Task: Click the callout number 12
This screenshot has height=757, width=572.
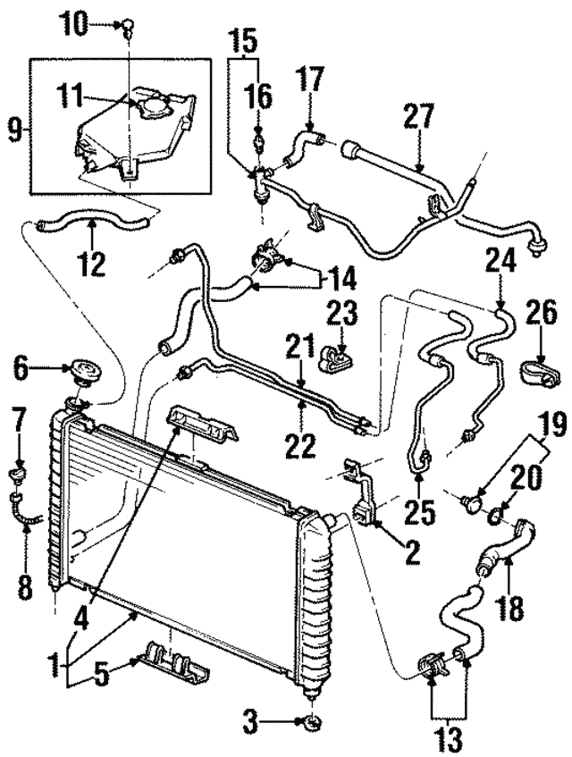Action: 91,264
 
